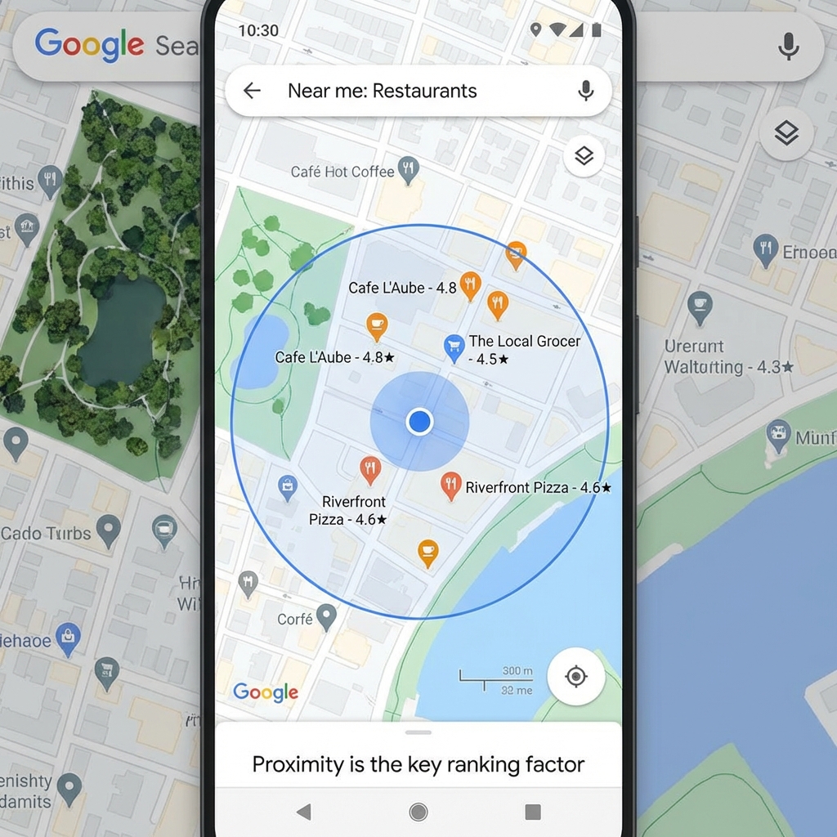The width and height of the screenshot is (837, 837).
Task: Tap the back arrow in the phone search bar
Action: pos(252,91)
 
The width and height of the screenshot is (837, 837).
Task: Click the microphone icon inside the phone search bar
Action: pos(585,91)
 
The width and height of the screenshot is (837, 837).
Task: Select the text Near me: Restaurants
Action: pos(382,91)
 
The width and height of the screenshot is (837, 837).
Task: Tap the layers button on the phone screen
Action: pos(584,155)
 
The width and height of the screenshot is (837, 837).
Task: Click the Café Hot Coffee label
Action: pos(342,172)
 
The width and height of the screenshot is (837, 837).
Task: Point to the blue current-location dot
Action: pos(419,421)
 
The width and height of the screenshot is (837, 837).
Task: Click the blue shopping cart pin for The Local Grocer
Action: pos(454,347)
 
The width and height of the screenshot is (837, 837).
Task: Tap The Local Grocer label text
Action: pos(524,342)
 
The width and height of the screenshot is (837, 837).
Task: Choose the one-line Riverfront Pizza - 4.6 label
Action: pos(538,488)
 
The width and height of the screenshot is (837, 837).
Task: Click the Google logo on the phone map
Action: pos(266,692)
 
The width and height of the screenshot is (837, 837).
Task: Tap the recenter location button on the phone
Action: pos(575,676)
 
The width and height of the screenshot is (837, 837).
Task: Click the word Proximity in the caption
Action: pos(298,765)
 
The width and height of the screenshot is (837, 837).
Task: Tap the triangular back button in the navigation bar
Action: pos(304,812)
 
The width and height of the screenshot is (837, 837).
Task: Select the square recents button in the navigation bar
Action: pos(533,812)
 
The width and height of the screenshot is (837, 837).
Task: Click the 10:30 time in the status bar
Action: pos(258,30)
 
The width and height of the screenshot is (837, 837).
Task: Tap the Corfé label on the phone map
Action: pos(295,620)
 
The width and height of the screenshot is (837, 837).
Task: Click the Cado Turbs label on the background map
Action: pos(46,534)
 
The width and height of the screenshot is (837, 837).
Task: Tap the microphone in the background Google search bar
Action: pos(788,47)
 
